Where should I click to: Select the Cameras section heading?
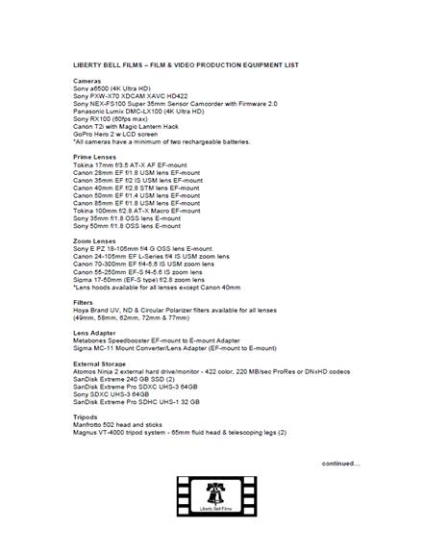click(x=88, y=79)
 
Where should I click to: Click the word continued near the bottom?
click(x=341, y=463)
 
